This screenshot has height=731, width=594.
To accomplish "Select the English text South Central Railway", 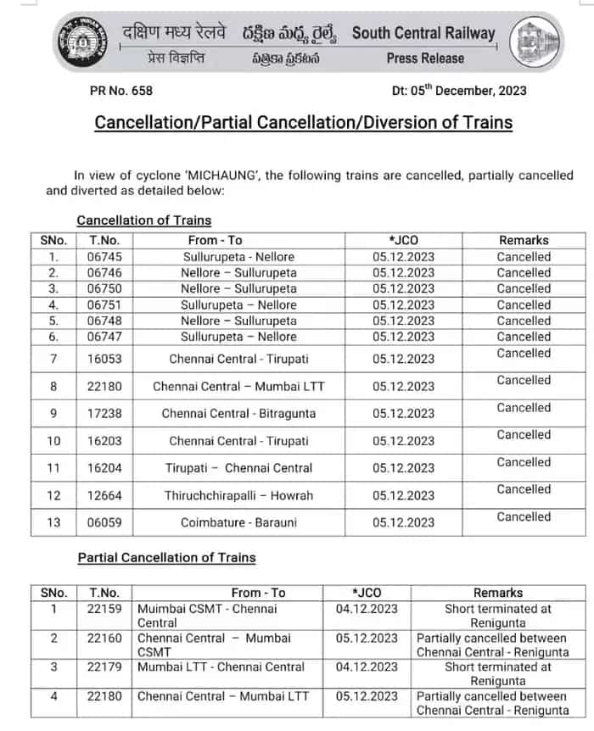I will point(423,34).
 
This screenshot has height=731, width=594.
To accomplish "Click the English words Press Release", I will point(425,59).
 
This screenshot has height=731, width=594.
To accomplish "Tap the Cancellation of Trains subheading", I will point(143,220).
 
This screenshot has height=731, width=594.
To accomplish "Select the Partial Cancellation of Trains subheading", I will point(166,557).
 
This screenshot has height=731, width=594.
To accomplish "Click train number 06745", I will point(104,257).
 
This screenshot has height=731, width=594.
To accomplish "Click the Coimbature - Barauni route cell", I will point(238,522).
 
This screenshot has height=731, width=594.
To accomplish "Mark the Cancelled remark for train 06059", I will point(524,516).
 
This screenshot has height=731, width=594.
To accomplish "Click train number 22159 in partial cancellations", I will point(104,609).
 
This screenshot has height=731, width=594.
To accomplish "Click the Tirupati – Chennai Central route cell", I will point(238,468).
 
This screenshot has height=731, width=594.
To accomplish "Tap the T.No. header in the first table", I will point(104,240).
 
